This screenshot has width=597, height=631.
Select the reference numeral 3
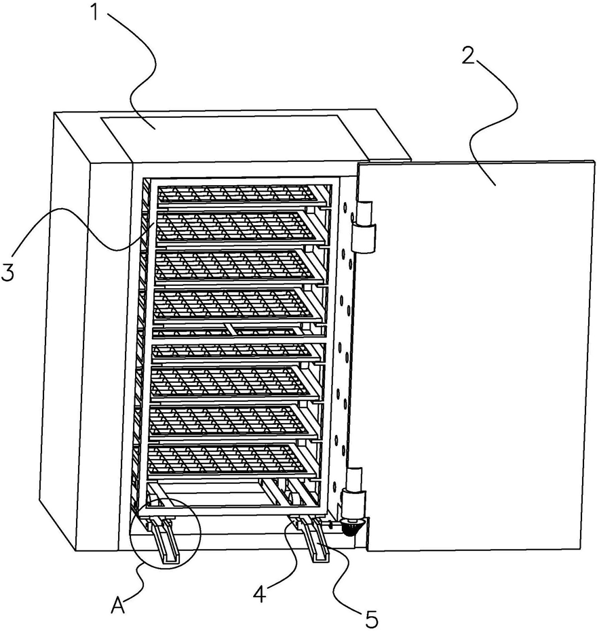pos(8,272)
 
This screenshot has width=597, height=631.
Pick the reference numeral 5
pos(371,618)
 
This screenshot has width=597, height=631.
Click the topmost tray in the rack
pos(237,193)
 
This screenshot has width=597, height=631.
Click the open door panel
pos(475,352)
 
